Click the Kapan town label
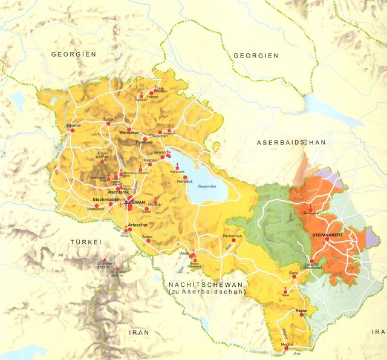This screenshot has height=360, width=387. coord(302,310)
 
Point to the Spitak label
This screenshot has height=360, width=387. coord(109,119)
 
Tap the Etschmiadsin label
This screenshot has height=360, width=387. coord(107,199)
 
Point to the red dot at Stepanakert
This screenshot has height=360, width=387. coord(327,239)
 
